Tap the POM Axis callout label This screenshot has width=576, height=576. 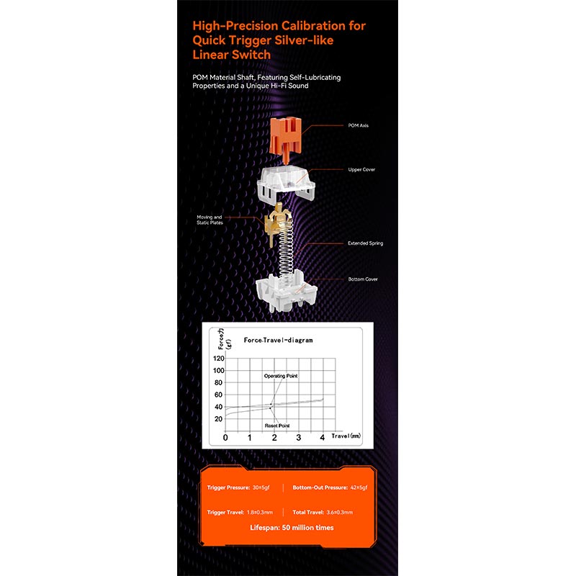[x=358, y=125]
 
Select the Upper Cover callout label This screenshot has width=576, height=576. [x=362, y=170]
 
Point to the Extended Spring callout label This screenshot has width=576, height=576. [x=365, y=243]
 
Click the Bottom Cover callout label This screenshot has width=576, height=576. [x=362, y=279]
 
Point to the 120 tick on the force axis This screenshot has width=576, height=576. [x=219, y=358]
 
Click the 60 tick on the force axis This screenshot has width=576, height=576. [x=219, y=395]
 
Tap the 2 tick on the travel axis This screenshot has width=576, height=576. [x=274, y=438]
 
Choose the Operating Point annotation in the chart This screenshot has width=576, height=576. [x=280, y=376]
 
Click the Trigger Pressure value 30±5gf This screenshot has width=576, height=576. [x=259, y=487]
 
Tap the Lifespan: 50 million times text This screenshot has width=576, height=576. [x=292, y=528]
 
